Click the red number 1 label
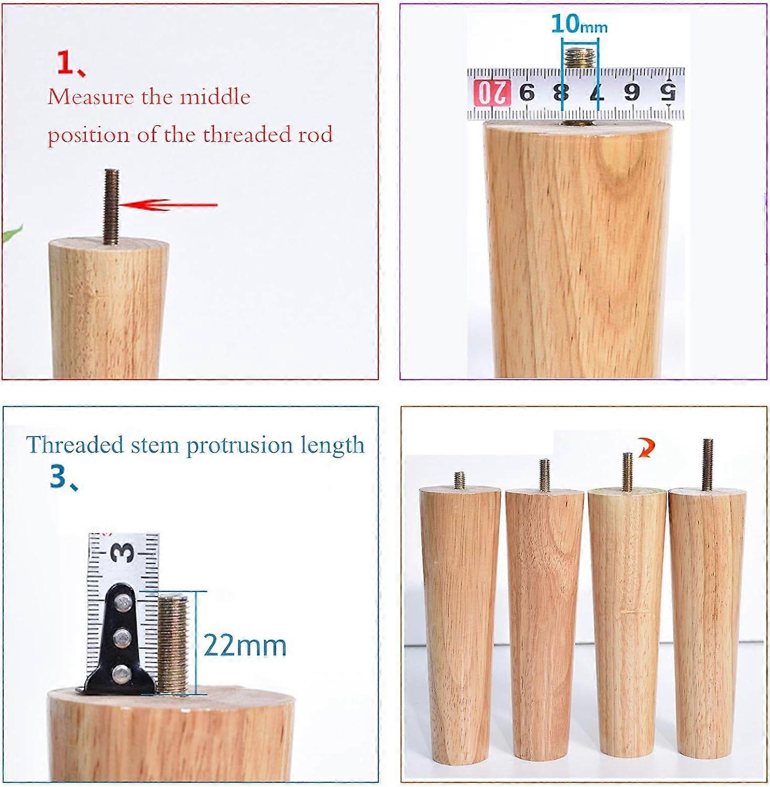[x=67, y=63]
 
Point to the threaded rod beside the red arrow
[x=112, y=206]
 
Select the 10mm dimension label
[x=579, y=24]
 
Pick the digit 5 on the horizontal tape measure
[x=668, y=93]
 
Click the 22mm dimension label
[x=245, y=645]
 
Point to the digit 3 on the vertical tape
[x=124, y=552]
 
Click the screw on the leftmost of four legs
[x=460, y=480]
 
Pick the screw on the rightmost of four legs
[x=707, y=464]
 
